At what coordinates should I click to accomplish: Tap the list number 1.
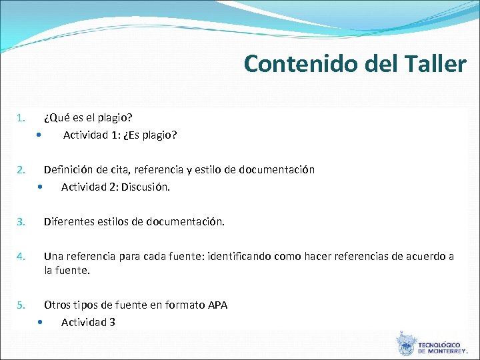21,119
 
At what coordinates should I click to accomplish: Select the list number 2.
21,170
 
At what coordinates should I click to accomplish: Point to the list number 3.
21,221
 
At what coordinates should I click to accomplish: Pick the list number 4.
21,256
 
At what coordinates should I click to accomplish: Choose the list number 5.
21,305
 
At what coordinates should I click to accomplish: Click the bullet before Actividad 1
40,135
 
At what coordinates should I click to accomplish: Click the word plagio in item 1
115,119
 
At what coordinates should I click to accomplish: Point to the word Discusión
147,187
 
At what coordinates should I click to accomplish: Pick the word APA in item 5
217,305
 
